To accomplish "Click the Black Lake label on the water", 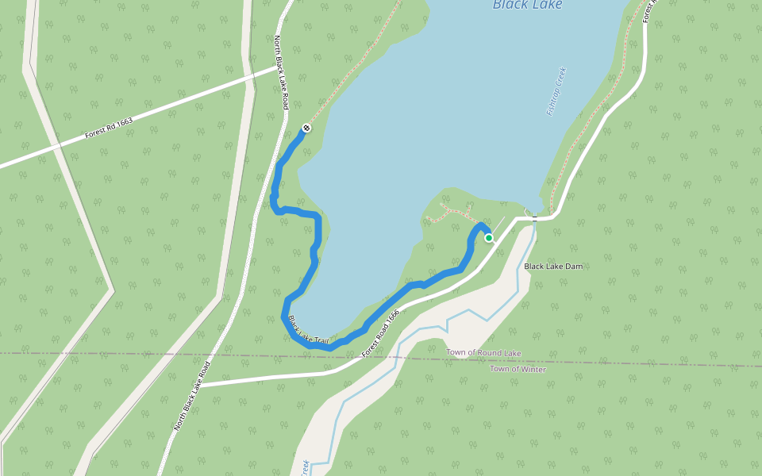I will point(527,6).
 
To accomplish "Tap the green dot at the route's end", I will point(489,237).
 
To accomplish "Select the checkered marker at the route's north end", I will point(306,128).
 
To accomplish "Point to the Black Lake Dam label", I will point(553,267).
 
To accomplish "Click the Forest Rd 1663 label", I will point(109,129).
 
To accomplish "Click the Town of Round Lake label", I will point(483,352).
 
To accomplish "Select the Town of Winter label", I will point(518,369).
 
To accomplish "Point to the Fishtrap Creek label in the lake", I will point(556,91).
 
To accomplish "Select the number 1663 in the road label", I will point(123,124).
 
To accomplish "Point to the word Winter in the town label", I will point(533,369).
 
